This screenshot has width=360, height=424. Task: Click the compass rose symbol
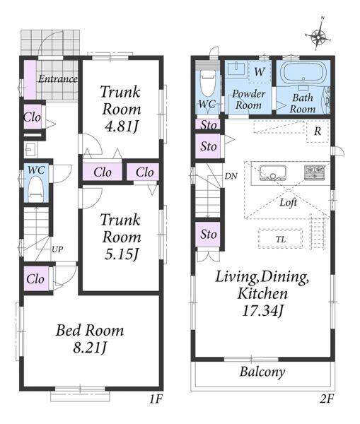click(318, 35)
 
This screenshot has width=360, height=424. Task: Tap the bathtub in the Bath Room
click(303, 72)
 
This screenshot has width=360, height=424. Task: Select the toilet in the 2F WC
click(208, 83)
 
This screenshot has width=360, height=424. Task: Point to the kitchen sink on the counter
click(272, 172)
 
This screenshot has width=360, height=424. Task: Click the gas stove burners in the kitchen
click(314, 172)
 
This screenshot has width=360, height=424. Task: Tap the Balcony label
click(262, 372)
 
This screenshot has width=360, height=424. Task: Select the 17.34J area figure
click(262, 311)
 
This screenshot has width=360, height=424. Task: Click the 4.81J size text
click(122, 126)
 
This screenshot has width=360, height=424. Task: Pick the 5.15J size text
click(122, 254)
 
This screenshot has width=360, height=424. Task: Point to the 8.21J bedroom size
click(90, 348)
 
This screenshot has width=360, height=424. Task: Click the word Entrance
click(58, 79)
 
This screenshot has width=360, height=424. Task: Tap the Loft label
click(289, 202)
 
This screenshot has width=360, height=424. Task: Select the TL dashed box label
click(281, 240)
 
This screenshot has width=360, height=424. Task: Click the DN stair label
click(231, 176)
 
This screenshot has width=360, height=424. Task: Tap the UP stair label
click(57, 249)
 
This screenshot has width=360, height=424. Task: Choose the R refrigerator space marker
click(318, 131)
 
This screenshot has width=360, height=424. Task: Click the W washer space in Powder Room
click(260, 71)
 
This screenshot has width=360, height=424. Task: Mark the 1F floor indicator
click(156, 399)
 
